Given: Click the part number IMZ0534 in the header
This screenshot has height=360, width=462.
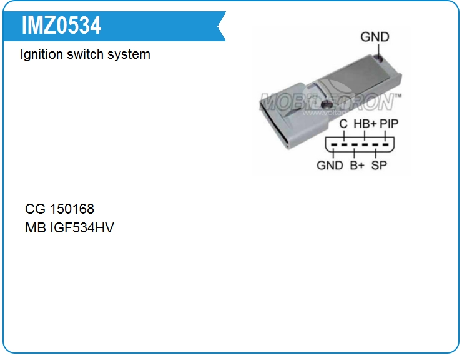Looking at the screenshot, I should tap(61, 26).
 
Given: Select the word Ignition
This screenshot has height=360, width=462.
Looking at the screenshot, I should tap(42, 54).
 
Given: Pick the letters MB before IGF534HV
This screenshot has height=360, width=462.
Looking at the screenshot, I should tap(35, 227).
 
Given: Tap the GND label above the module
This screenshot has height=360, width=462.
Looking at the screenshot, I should tap(375, 37).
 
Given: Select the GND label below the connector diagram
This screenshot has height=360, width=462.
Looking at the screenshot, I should tap(330, 166).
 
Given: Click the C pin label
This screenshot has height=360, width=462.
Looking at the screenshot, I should tap(343, 124).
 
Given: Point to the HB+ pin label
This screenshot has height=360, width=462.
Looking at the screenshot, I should tap(365, 124).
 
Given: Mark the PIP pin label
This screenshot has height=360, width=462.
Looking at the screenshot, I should tap(389, 124).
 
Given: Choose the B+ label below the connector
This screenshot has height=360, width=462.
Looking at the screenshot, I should tap(357, 166).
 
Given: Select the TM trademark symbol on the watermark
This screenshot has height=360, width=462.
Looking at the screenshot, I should tap(398, 96).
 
